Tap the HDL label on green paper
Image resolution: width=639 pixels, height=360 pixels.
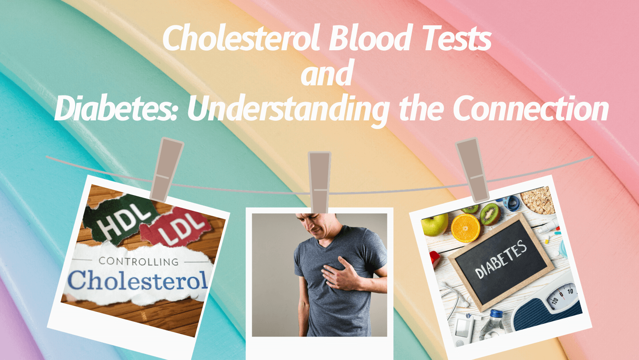(124, 221)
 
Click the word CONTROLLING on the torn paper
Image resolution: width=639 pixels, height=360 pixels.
(139, 261)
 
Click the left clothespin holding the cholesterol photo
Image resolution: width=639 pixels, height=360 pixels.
(166, 169)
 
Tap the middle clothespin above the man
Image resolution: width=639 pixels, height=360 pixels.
(319, 183)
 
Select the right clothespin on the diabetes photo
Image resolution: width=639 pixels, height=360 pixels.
(472, 170)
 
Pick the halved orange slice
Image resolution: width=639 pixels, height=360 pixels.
(465, 228)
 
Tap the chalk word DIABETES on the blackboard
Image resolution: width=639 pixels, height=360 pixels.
(501, 259)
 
